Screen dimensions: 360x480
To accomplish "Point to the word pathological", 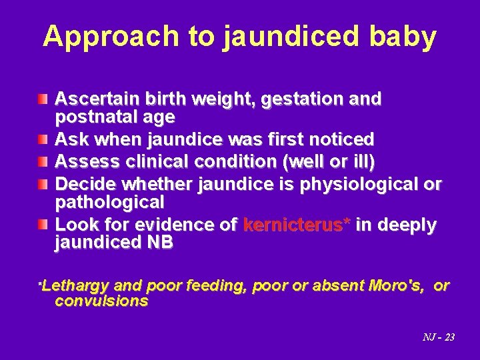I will point(109,201).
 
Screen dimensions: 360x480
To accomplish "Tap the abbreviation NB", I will point(160,243).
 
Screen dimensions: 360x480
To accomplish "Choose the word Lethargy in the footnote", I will point(75,286).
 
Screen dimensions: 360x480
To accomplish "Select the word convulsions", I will point(101,301).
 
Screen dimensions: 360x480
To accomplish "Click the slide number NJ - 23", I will point(439,337).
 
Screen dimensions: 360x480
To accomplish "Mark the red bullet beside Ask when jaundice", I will point(43,139).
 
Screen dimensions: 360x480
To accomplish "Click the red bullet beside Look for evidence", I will point(43,225).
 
